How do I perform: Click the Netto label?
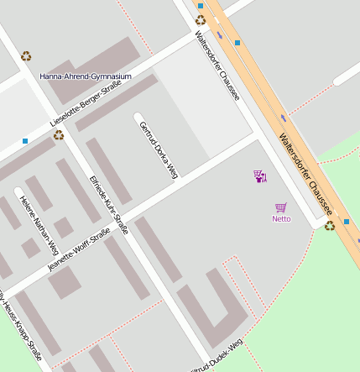pyautogui.click(x=281, y=219)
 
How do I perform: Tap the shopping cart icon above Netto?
pyautogui.click(x=281, y=207)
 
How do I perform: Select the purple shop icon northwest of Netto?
pyautogui.click(x=260, y=176)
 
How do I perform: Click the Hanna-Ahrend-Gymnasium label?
pyautogui.click(x=86, y=76)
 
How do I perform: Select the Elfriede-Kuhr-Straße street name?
pyautogui.click(x=108, y=204)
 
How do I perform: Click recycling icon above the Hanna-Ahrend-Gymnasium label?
pyautogui.click(x=27, y=56)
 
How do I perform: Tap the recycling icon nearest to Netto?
pyautogui.click(x=330, y=225)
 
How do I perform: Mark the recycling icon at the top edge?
pyautogui.click(x=200, y=19)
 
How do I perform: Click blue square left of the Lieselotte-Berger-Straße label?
pyautogui.click(x=25, y=140)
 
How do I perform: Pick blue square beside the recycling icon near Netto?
pyautogui.click(x=322, y=222)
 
